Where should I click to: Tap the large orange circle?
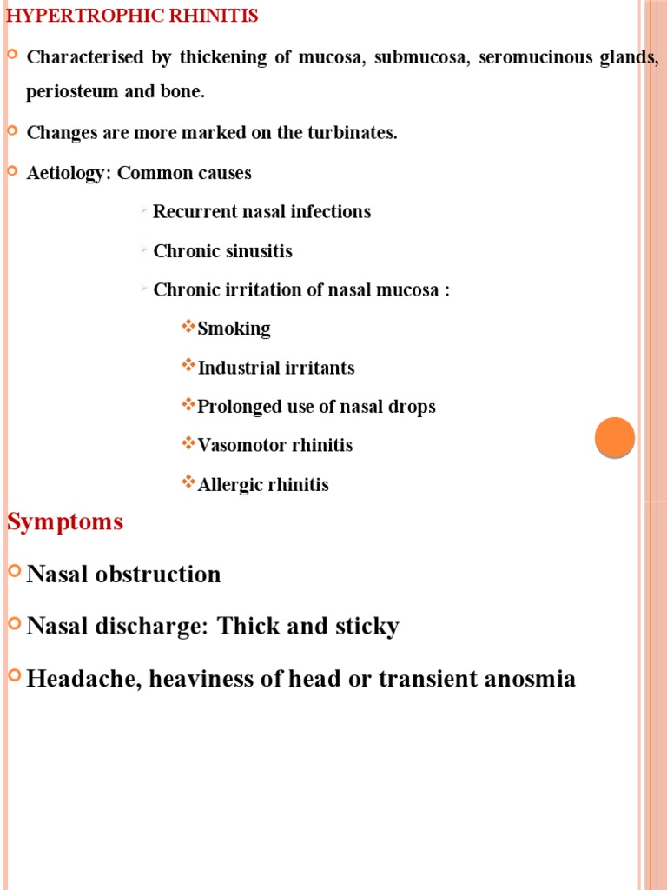pos(615,437)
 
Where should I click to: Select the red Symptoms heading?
pos(65,522)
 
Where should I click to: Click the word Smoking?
pos(234,329)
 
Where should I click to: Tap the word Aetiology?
pos(67,173)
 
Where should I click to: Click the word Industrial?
pos(235,368)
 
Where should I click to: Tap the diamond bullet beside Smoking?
pos(188,327)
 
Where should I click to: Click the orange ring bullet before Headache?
pos(13,675)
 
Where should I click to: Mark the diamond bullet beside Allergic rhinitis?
pos(188,482)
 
